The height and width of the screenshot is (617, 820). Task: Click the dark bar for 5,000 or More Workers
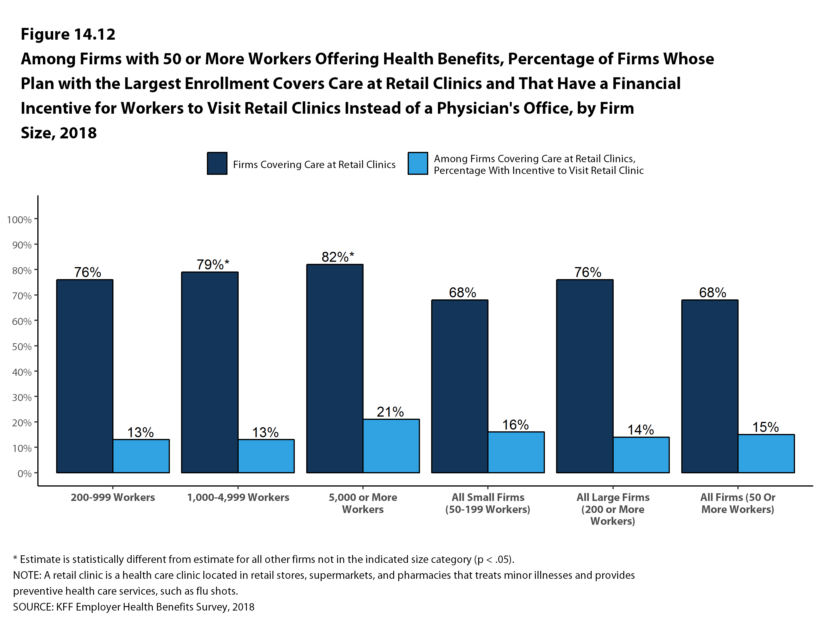pos(334,368)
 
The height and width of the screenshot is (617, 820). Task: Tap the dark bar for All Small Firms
pos(459,386)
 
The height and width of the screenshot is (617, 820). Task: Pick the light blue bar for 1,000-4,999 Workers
pos(266,456)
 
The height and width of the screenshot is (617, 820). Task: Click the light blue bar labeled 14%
pos(641,455)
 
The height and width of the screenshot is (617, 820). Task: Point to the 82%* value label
pos(337,257)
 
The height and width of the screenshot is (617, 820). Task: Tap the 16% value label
pos(515,425)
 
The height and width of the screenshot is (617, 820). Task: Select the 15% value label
pos(766,427)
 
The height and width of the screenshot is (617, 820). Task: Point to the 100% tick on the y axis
pos(19,220)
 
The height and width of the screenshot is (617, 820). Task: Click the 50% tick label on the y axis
pos(21,346)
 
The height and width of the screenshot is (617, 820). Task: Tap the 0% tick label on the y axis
pos(24,474)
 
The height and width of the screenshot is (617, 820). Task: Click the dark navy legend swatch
pos(217,163)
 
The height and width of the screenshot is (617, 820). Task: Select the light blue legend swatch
pos(417,163)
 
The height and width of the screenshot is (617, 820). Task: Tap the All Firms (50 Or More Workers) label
pos(738,503)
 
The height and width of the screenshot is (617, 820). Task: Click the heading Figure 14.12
pos(68,34)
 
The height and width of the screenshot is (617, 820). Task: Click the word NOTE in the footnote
pos(27,575)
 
